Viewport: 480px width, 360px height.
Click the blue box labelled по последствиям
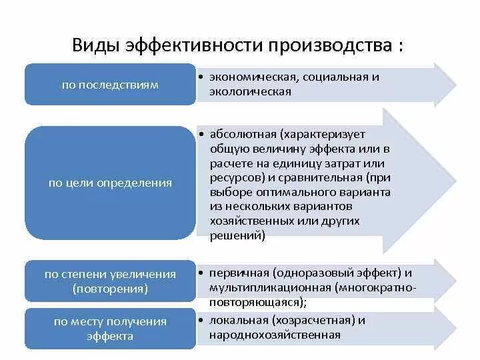pyautogui.click(x=110, y=85)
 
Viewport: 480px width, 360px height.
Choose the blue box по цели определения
pyautogui.click(x=110, y=183)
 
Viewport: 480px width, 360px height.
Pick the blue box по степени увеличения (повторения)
pyautogui.click(x=110, y=281)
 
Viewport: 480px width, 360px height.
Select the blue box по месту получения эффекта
pyautogui.click(x=110, y=328)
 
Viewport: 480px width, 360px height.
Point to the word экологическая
pyautogui.click(x=250, y=91)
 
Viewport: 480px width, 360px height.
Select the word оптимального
pyautogui.click(x=289, y=192)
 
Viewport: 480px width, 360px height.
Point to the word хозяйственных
pyautogui.click(x=250, y=221)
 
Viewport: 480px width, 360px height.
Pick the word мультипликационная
pyautogui.click(x=271, y=288)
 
